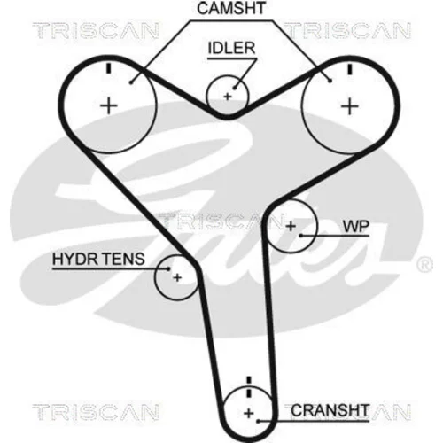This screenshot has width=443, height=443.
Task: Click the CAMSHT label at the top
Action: tap(231, 8)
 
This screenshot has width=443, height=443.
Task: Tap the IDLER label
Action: tap(231, 48)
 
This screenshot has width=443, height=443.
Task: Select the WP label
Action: tap(356, 227)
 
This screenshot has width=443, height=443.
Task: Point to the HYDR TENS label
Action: tap(98, 259)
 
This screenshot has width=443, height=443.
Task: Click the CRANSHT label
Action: tap(330, 410)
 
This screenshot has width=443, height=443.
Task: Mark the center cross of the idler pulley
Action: tap(228, 97)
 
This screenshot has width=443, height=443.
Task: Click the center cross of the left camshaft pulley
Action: tap(109, 105)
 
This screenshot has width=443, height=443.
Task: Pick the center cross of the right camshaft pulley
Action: tap(350, 106)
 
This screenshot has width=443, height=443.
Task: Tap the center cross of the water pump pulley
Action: tap(291, 226)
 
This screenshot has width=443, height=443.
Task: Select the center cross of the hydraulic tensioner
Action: tap(177, 277)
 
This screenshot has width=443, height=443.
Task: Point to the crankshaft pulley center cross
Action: tap(249, 413)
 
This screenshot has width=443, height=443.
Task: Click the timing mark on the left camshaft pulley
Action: tap(109, 68)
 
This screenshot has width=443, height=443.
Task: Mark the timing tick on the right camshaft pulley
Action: tap(350, 69)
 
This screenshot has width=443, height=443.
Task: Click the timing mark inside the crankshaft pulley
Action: tap(249, 393)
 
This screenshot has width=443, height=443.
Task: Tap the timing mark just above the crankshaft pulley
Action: tap(249, 380)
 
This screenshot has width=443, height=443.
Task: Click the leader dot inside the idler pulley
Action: tap(235, 88)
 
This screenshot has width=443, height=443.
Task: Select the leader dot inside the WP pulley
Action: tap(301, 236)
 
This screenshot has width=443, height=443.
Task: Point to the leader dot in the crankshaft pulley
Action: tap(258, 421)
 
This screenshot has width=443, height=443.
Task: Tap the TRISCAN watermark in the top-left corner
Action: tap(96, 31)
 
